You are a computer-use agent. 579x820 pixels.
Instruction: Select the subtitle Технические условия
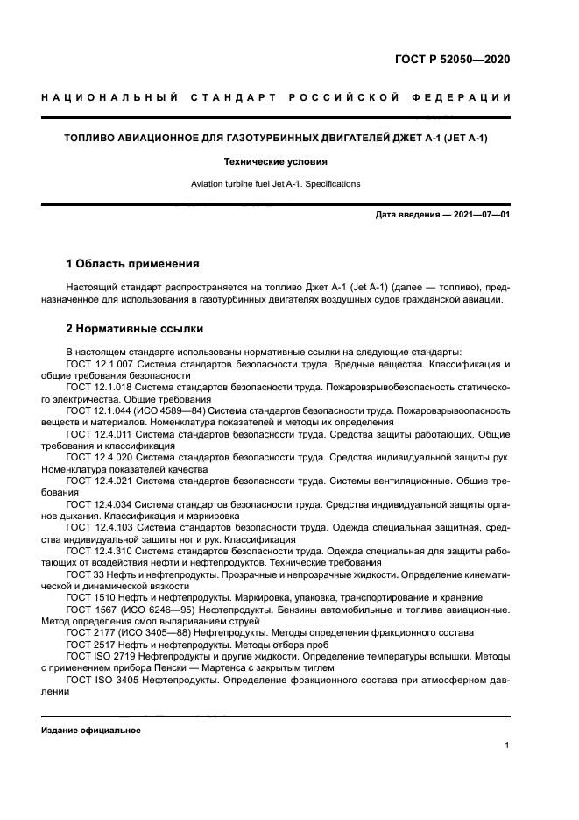pos(276,161)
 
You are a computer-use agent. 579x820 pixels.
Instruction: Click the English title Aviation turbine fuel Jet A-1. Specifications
pos(276,183)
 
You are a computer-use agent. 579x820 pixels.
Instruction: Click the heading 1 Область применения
pos(133,263)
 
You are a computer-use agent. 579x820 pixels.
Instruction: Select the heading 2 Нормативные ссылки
pos(135,329)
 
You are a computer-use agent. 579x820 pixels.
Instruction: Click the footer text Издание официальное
pos(91,730)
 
